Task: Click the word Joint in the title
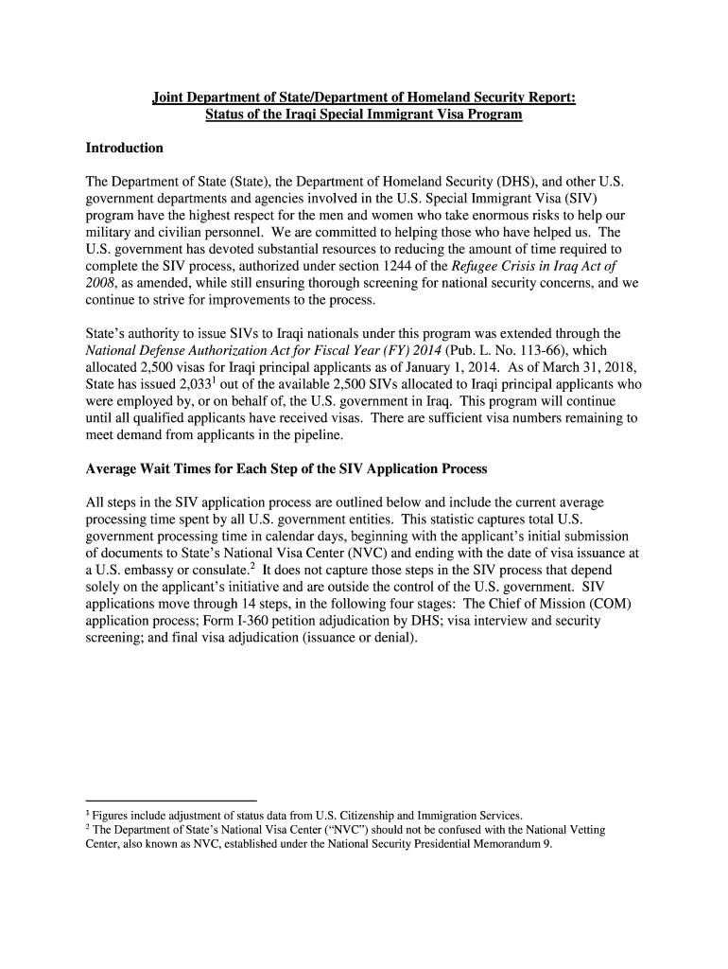(x=170, y=97)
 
